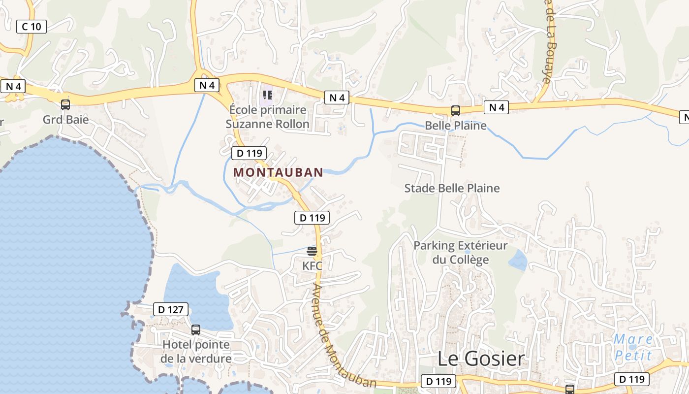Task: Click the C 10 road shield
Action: click(x=31, y=26)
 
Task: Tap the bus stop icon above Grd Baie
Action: click(x=65, y=104)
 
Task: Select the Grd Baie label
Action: click(x=65, y=119)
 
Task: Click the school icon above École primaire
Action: click(x=267, y=94)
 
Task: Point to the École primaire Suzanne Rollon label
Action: click(x=267, y=117)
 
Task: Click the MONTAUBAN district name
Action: click(x=278, y=172)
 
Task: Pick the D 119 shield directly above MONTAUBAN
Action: click(x=249, y=153)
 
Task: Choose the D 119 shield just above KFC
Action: click(x=312, y=217)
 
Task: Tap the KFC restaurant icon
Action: click(x=312, y=251)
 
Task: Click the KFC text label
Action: click(x=312, y=266)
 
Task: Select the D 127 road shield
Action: click(x=171, y=309)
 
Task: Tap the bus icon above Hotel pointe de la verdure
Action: click(x=196, y=329)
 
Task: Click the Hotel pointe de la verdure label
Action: click(x=196, y=351)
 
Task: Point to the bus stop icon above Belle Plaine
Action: click(x=456, y=110)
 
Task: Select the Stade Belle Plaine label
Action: click(x=452, y=188)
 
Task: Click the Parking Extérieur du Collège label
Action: click(x=460, y=252)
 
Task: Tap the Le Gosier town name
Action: click(x=481, y=359)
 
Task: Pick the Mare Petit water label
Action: click(x=633, y=347)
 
